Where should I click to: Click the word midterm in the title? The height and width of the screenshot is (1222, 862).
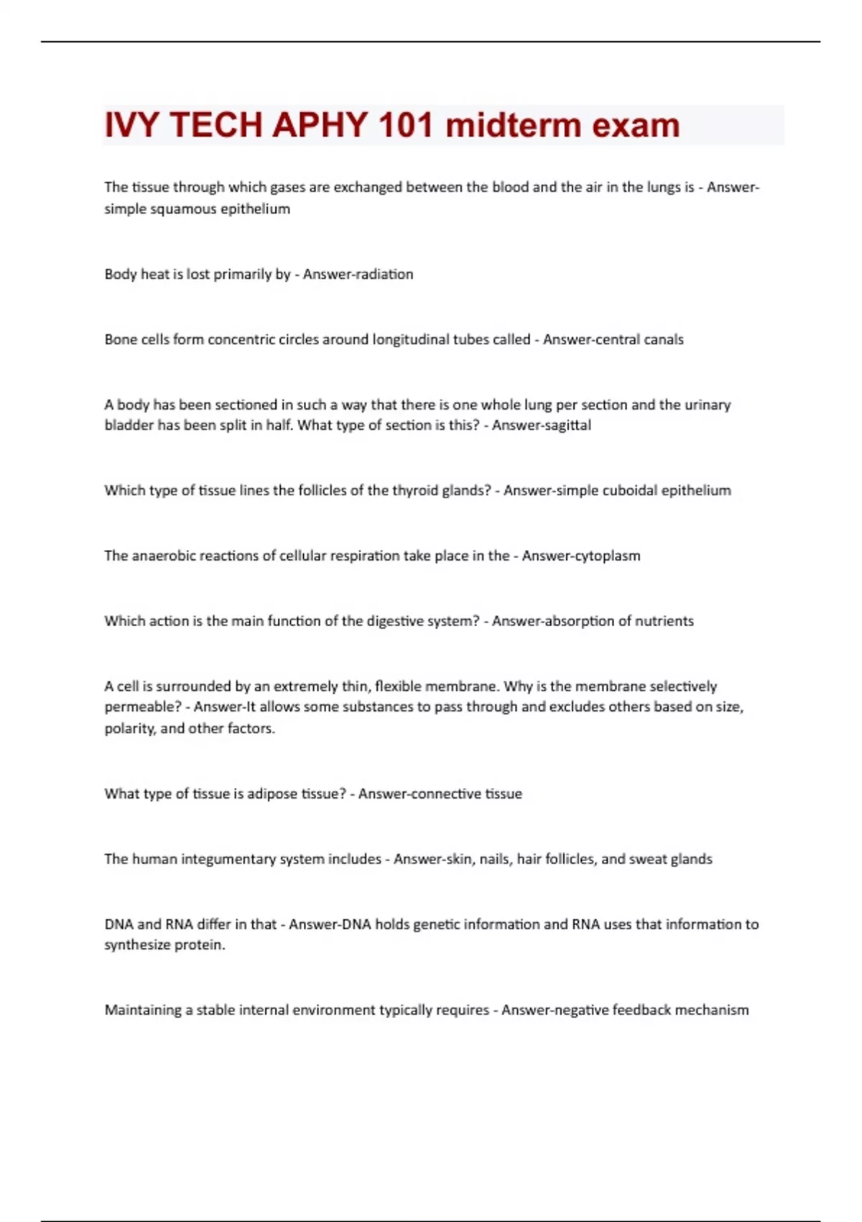coord(514,125)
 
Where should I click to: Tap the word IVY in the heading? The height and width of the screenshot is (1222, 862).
coord(132,125)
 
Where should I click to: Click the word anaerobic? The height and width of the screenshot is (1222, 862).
coord(164,556)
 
